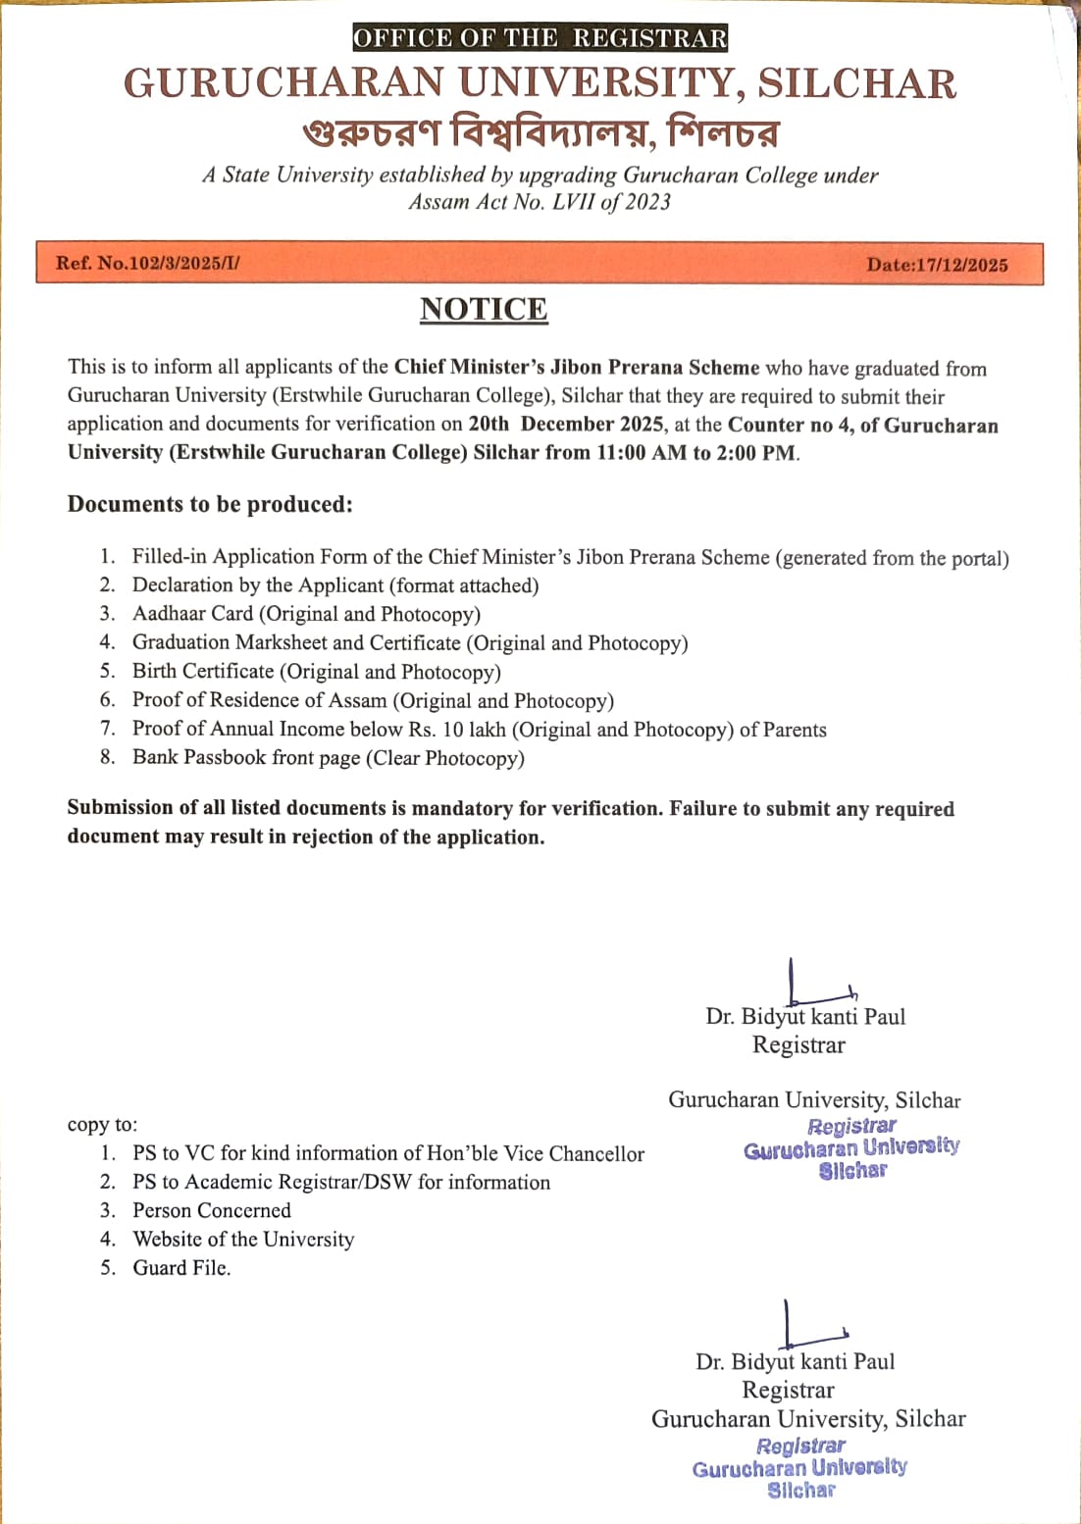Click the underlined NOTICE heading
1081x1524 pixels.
(x=484, y=309)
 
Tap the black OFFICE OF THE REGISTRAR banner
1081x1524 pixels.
(x=540, y=38)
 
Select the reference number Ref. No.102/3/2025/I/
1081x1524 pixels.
(x=148, y=263)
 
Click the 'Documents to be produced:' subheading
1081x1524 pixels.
(x=210, y=504)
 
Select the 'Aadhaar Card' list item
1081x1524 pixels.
(x=306, y=614)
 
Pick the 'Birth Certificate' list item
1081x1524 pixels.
(x=316, y=672)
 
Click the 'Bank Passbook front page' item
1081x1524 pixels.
(x=328, y=758)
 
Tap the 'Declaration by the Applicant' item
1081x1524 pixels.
(x=335, y=585)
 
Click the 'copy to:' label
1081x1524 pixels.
(x=102, y=1125)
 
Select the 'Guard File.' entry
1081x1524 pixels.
(x=181, y=1268)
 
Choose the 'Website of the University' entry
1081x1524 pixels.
(x=243, y=1240)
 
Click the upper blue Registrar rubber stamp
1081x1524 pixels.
(x=851, y=1147)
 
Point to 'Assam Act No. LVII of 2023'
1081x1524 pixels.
(x=540, y=202)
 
